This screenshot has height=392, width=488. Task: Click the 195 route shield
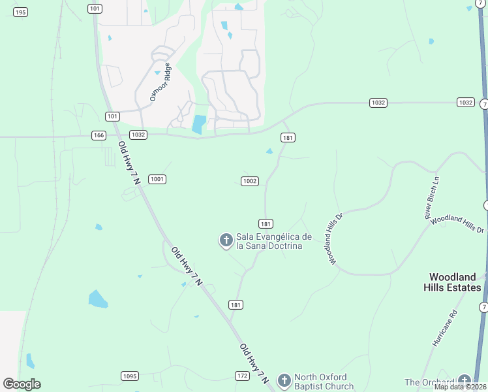tap(21, 12)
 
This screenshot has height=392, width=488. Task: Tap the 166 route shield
tap(99, 135)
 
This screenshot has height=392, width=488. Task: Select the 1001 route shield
tap(157, 179)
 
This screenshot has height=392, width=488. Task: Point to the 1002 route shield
tap(250, 181)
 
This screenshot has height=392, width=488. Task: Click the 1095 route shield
tap(130, 376)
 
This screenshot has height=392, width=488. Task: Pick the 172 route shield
tap(243, 376)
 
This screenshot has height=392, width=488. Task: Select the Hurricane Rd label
tap(446, 328)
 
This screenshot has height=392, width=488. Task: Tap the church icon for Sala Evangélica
tap(226, 240)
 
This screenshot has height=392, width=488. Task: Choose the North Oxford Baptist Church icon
tap(284, 380)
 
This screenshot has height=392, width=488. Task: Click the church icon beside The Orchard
tap(464, 382)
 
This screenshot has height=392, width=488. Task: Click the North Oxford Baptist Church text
tap(324, 381)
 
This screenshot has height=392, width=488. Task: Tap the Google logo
tap(22, 384)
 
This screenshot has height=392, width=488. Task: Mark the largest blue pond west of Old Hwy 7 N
tap(98, 299)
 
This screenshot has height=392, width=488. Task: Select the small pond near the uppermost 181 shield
tap(269, 152)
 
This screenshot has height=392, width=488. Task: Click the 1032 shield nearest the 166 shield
tap(138, 135)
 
